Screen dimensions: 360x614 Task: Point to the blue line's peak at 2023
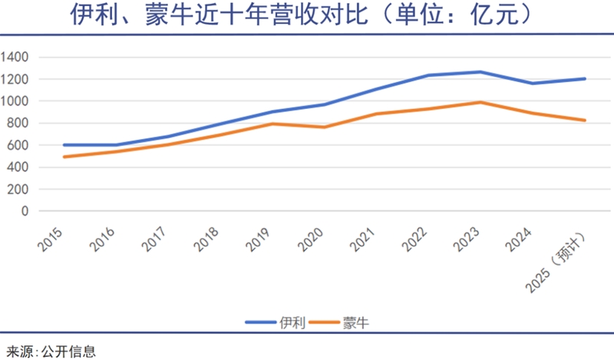480,72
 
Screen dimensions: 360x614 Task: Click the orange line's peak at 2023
480,102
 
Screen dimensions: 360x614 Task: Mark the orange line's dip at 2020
324,127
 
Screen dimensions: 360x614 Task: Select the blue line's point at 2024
533,83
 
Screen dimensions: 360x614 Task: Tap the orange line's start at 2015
64,157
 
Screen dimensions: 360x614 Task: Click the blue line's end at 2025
585,78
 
